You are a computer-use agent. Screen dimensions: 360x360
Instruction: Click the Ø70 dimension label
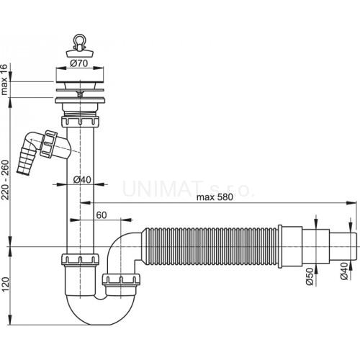click(x=79, y=63)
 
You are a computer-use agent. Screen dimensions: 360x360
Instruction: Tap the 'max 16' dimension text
click(x=4, y=79)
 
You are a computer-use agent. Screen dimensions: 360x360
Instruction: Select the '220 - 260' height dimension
click(x=5, y=180)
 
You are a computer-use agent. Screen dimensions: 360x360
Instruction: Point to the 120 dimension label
click(x=5, y=284)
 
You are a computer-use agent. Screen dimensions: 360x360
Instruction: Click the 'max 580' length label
click(x=215, y=197)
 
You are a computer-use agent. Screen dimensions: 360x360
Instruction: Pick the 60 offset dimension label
click(x=102, y=215)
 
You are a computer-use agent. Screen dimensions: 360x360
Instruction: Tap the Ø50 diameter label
click(x=310, y=276)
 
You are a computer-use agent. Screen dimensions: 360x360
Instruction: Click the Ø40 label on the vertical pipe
click(x=82, y=179)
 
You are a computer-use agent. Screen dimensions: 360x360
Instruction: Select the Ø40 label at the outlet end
click(x=344, y=271)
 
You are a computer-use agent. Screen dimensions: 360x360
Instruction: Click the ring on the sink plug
click(x=79, y=39)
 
